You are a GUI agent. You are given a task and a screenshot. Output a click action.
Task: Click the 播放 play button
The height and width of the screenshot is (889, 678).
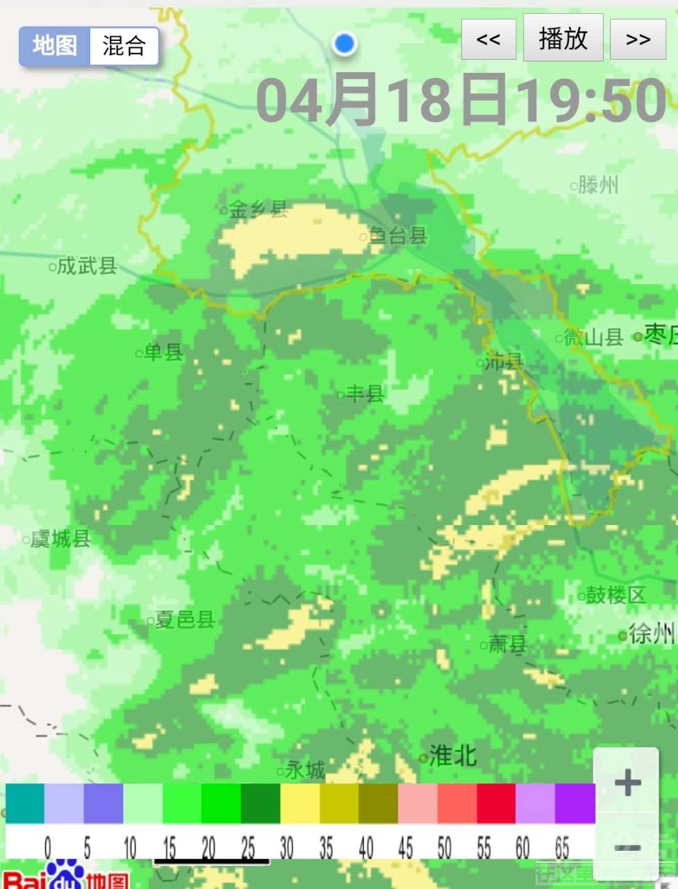pyautogui.click(x=563, y=39)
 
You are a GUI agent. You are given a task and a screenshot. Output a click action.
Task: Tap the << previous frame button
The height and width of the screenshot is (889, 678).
pyautogui.click(x=488, y=40)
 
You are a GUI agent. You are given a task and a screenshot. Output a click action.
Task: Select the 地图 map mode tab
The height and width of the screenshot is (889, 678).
pyautogui.click(x=55, y=47)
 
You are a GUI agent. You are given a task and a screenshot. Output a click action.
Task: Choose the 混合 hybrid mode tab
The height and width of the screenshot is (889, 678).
pyautogui.click(x=124, y=47)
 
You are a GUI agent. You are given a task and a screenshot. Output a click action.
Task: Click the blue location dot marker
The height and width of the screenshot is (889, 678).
pyautogui.click(x=344, y=43)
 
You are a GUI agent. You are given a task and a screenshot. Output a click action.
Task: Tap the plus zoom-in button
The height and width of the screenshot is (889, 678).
pyautogui.click(x=627, y=783)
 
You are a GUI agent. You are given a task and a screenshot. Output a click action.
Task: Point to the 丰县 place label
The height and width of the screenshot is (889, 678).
pyautogui.click(x=365, y=394)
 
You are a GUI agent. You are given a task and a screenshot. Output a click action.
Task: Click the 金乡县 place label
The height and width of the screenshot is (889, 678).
pyautogui.click(x=258, y=209)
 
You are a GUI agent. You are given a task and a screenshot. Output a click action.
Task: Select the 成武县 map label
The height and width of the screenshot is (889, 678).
pyautogui.click(x=86, y=265)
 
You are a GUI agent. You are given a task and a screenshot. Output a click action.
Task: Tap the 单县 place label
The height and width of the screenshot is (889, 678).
pyautogui.click(x=163, y=352)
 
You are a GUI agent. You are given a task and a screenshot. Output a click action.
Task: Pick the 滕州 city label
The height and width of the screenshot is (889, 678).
pyautogui.click(x=597, y=185)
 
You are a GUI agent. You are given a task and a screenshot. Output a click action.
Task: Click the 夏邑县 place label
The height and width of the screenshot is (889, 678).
pyautogui.click(x=184, y=620)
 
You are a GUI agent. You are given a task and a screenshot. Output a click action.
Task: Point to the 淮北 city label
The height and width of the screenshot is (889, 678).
pyautogui.click(x=452, y=756)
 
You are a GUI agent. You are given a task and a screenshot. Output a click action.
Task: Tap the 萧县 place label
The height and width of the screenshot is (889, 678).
pyautogui.click(x=507, y=645)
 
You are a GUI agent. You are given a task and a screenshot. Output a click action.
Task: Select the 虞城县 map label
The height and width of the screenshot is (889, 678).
pyautogui.click(x=60, y=538)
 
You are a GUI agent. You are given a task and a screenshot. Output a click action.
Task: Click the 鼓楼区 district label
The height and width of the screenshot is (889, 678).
pyautogui.click(x=615, y=595)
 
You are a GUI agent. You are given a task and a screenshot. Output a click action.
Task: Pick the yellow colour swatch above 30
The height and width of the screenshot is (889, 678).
pyautogui.click(x=299, y=804)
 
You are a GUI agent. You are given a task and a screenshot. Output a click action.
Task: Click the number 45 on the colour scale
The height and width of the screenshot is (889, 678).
pyautogui.click(x=405, y=848)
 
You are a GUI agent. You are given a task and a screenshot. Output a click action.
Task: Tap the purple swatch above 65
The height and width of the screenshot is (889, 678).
pyautogui.click(x=575, y=804)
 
